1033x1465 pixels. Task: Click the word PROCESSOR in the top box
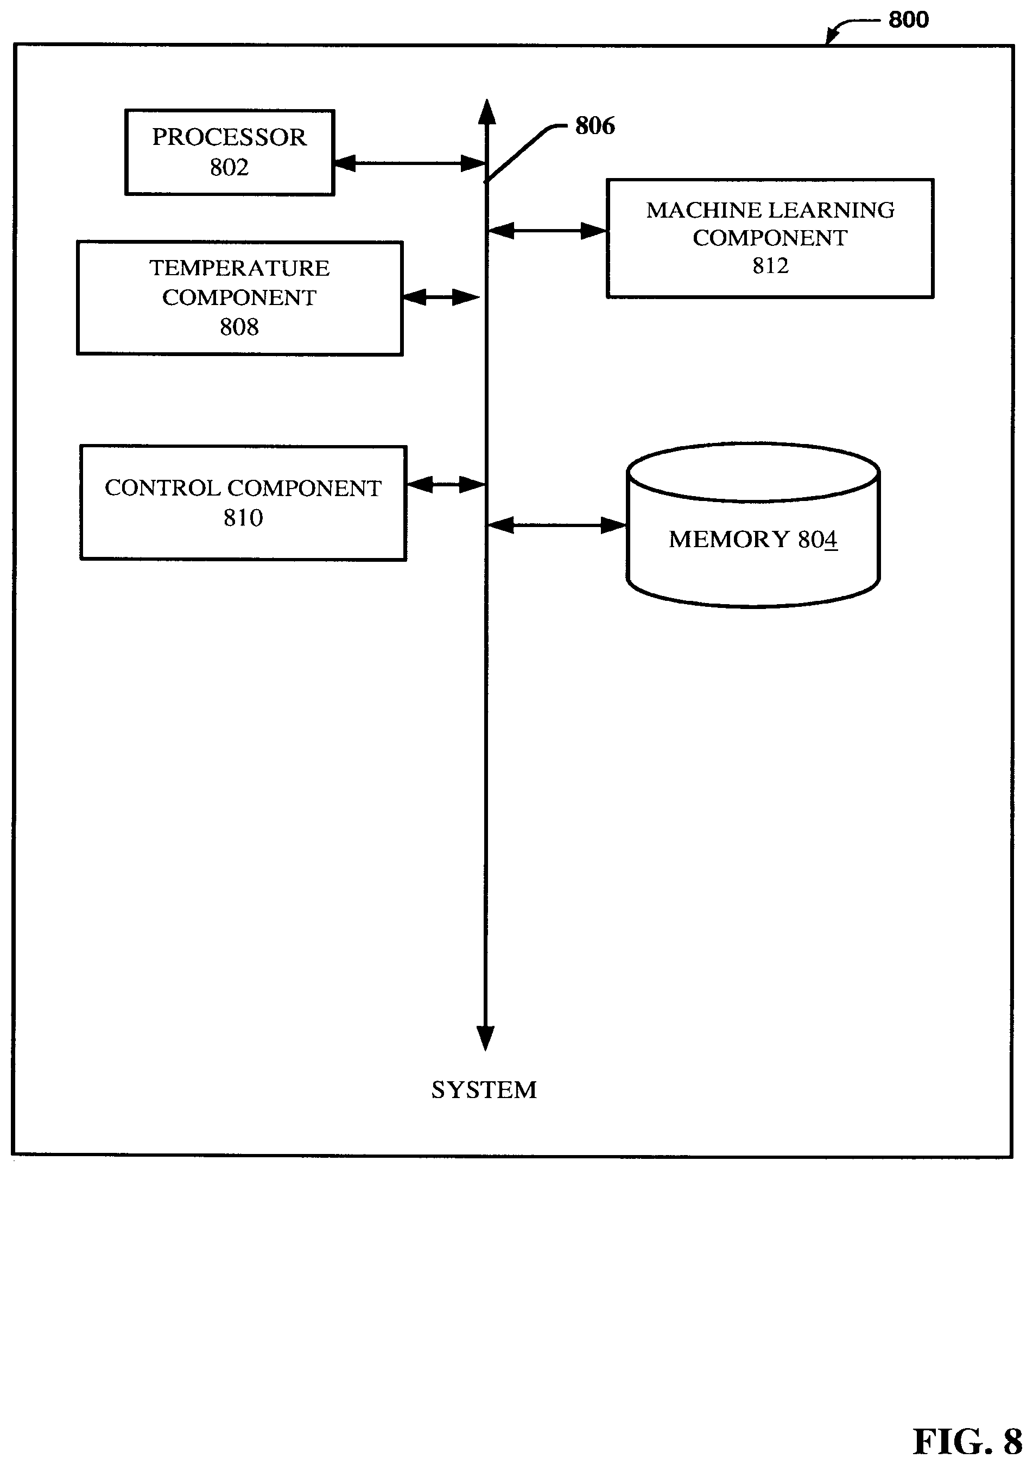(x=229, y=137)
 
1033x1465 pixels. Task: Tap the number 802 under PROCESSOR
(x=229, y=167)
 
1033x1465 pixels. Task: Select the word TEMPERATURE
(x=239, y=268)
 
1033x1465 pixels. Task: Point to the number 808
(x=239, y=327)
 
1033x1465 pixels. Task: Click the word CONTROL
(x=163, y=488)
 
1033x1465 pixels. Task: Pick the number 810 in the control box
(x=243, y=517)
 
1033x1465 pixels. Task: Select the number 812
(x=771, y=265)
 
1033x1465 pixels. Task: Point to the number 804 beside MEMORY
(x=817, y=539)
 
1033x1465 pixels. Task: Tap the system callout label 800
(x=909, y=20)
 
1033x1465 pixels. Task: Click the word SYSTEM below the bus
(x=484, y=1090)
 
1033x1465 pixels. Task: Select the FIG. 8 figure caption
(x=968, y=1441)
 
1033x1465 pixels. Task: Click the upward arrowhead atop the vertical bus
(x=487, y=112)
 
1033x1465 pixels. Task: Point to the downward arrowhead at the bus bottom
(x=485, y=1037)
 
